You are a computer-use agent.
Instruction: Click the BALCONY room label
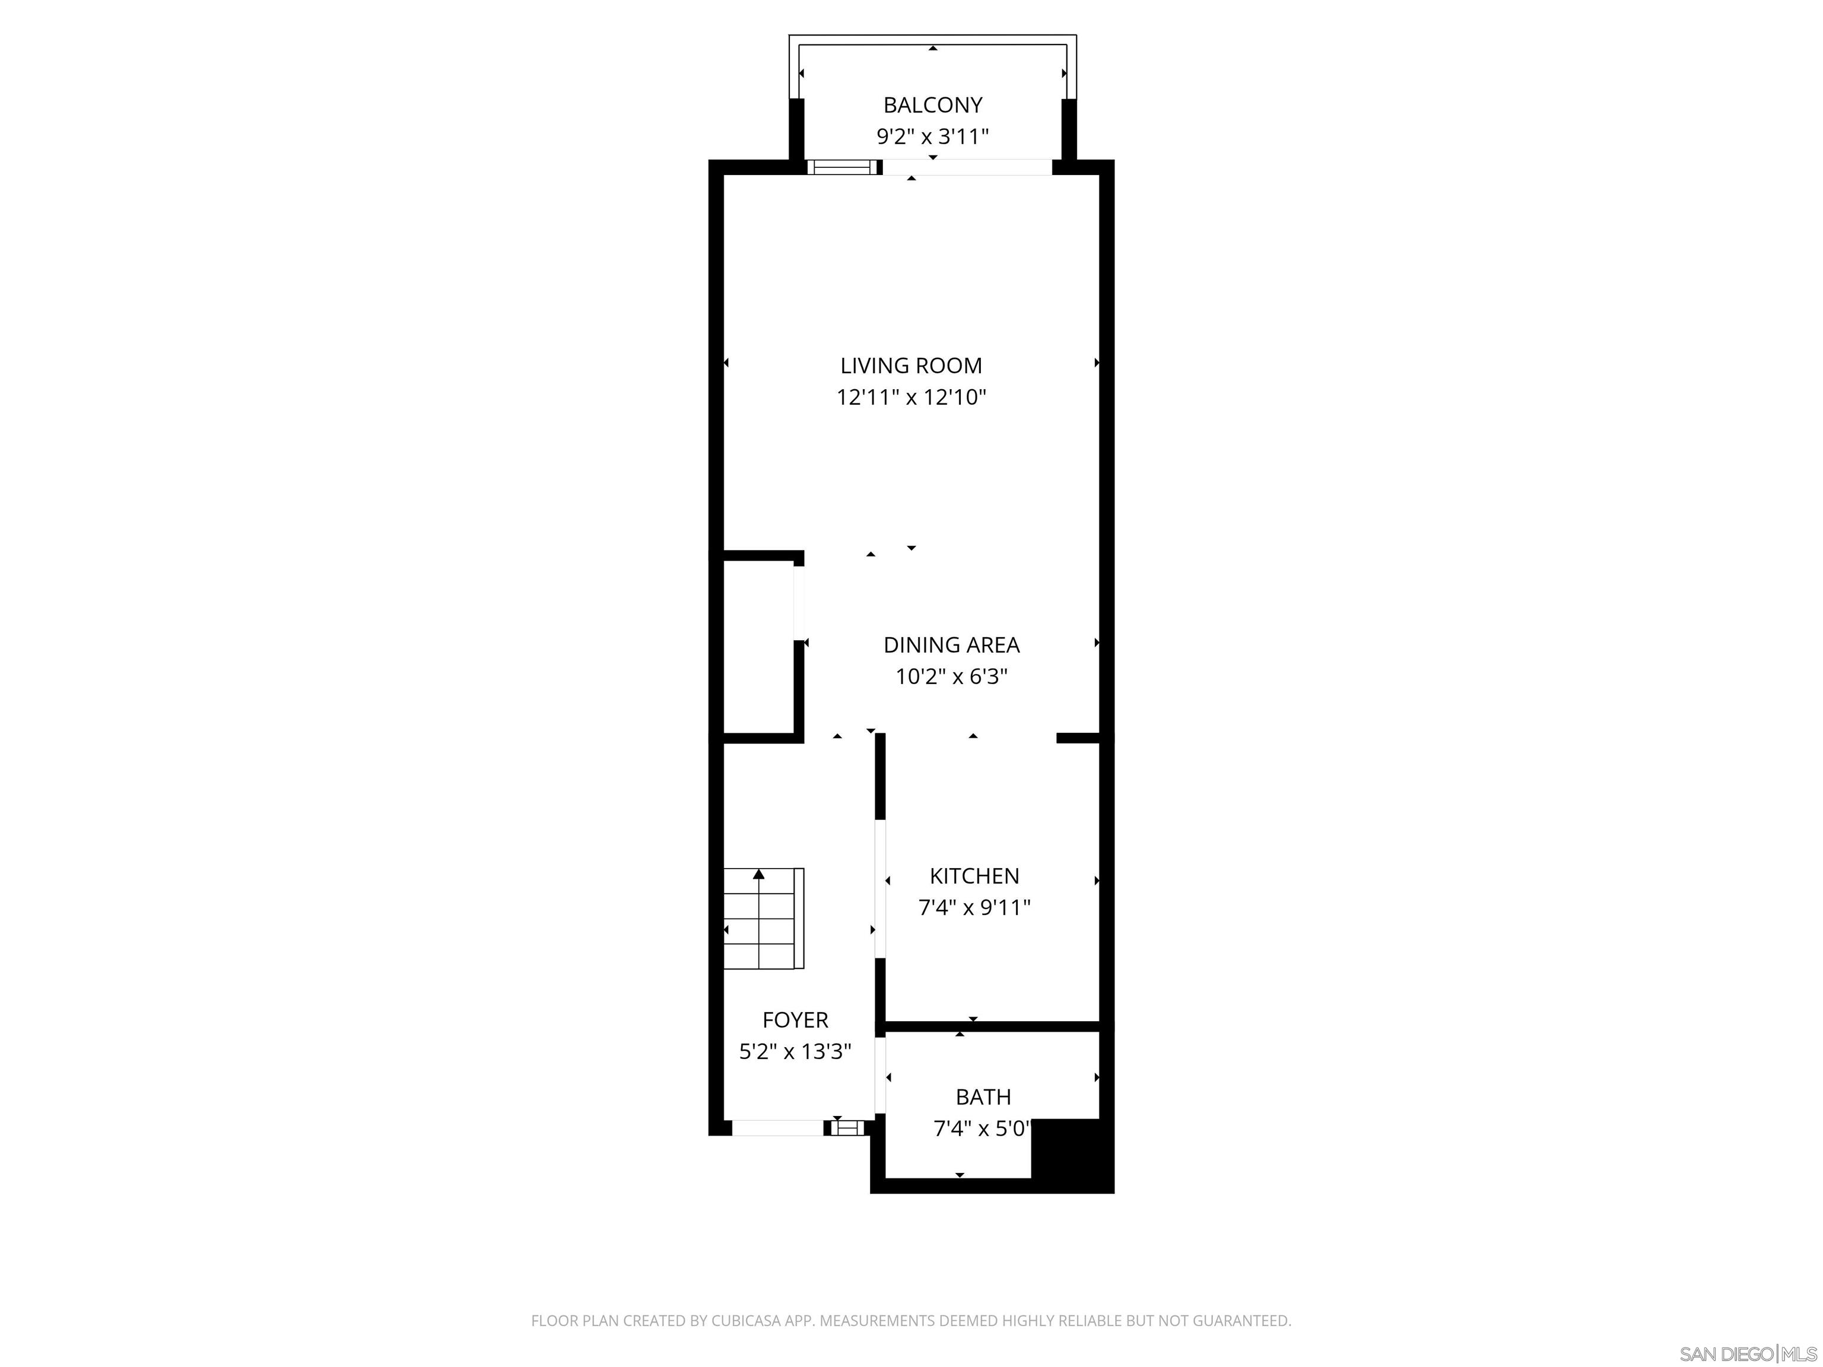tap(932, 106)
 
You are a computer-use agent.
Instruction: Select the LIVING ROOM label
tap(911, 366)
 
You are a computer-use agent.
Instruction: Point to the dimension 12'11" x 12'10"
tap(911, 397)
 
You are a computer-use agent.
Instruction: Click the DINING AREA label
tap(951, 645)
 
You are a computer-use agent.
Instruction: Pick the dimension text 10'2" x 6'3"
tap(951, 676)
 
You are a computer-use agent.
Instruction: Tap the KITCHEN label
tap(974, 876)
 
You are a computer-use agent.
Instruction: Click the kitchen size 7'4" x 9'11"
tap(974, 907)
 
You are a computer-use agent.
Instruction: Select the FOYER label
tap(795, 1020)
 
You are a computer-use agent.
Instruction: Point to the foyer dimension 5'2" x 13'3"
tap(795, 1051)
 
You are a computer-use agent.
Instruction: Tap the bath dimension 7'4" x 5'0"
tap(981, 1128)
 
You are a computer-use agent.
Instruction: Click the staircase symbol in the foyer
tap(763, 918)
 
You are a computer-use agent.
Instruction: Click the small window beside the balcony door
tap(839, 167)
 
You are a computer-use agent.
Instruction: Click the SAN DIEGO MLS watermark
tap(1747, 1354)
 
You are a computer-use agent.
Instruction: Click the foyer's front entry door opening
tap(777, 1127)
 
